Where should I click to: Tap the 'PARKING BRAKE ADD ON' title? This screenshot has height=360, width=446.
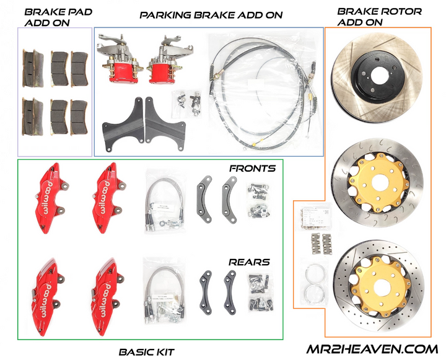click(x=211, y=15)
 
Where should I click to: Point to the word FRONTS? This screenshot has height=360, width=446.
click(x=250, y=169)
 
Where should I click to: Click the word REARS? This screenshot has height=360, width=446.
click(x=248, y=262)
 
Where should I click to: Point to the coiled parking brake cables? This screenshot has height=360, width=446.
click(x=260, y=93)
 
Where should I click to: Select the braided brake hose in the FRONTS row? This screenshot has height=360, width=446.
click(x=163, y=198)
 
